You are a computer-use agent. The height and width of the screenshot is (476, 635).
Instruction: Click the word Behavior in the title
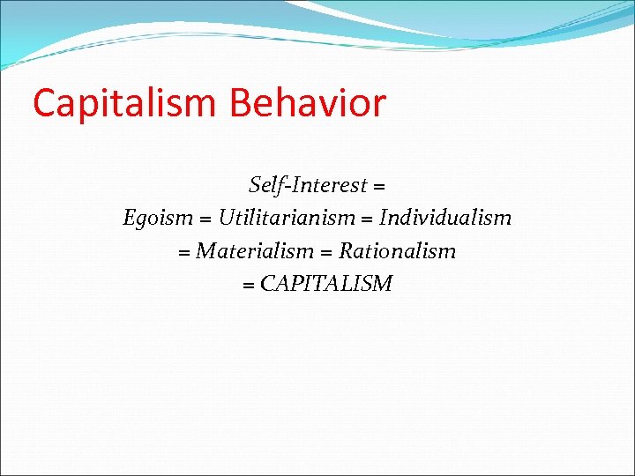pos(308,103)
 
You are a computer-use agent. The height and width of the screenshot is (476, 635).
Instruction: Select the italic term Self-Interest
pos(308,185)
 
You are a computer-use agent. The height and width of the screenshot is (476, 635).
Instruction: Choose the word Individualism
pos(445,218)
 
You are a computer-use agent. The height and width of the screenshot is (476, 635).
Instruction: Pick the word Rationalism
pos(398,251)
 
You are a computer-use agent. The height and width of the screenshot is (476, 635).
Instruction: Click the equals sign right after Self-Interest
pos(379,187)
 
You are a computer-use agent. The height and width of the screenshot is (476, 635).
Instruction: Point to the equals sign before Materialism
pos(184,253)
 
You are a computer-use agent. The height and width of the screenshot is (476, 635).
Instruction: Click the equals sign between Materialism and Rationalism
pos(326,253)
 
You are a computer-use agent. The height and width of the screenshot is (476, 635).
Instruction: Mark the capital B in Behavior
pos(241,103)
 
